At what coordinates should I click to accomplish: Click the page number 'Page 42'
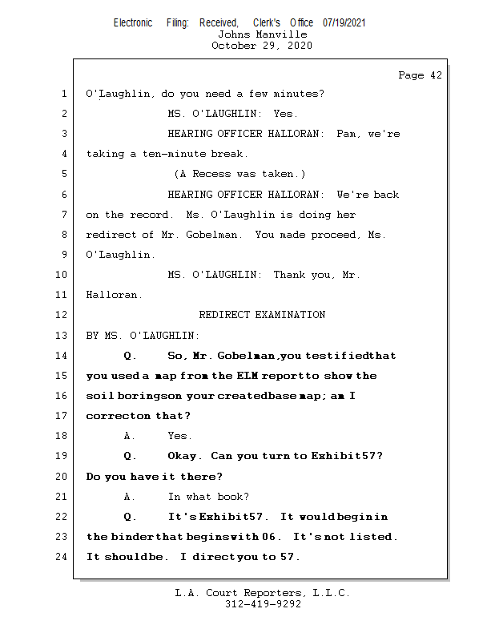point(420,75)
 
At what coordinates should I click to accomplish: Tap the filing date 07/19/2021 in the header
point(344,23)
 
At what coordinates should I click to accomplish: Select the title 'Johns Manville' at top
point(262,34)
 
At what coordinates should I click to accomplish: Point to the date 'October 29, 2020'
point(262,46)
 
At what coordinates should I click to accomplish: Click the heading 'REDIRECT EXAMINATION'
point(262,315)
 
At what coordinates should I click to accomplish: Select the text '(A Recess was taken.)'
point(239,174)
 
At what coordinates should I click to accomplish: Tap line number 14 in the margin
point(62,356)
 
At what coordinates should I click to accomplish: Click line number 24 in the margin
point(62,557)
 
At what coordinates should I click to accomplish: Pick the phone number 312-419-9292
point(263,604)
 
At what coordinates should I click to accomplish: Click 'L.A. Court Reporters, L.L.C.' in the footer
point(263,593)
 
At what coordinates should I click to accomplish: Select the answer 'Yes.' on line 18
point(179,436)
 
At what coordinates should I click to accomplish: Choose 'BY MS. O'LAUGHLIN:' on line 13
point(143,335)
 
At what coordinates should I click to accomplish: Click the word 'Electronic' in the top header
point(133,23)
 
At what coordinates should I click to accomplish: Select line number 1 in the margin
point(63,94)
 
